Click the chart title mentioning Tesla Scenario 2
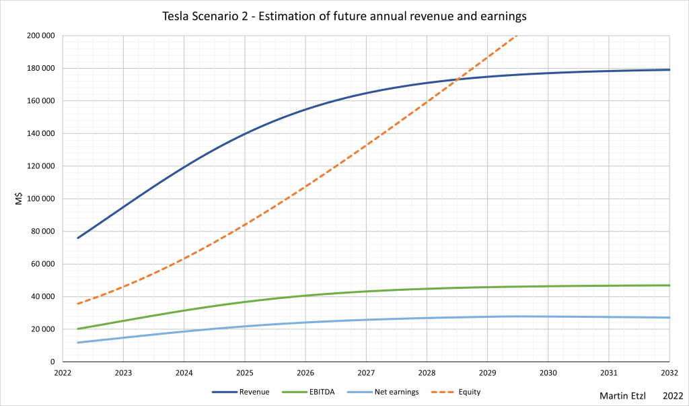(344, 15)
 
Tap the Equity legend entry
(469, 391)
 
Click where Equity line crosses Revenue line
(457, 81)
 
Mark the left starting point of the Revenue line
(78, 238)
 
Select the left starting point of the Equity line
(78, 304)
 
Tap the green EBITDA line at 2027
(366, 291)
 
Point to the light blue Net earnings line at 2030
(548, 316)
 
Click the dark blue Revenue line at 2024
(184, 166)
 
